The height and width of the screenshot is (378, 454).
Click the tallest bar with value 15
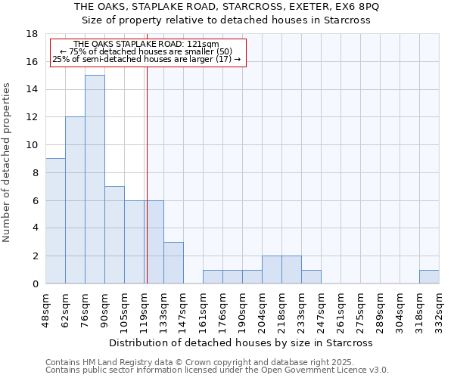pos(95,179)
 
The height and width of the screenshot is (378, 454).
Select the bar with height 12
pos(75,200)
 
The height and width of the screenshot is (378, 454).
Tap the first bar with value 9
pos(55,221)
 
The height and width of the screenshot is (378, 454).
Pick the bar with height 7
pos(114,234)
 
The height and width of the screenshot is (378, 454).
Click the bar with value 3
pos(173,262)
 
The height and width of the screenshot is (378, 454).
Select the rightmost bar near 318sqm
pos(429,277)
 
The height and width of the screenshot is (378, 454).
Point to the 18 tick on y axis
pos(32,34)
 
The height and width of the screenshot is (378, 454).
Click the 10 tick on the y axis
pos(32,145)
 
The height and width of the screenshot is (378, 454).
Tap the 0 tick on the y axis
pos(35,283)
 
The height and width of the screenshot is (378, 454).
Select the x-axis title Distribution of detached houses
pos(241,343)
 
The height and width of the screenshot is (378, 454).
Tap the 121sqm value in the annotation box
pos(202,45)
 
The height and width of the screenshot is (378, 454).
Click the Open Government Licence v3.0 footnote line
pos(216,370)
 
